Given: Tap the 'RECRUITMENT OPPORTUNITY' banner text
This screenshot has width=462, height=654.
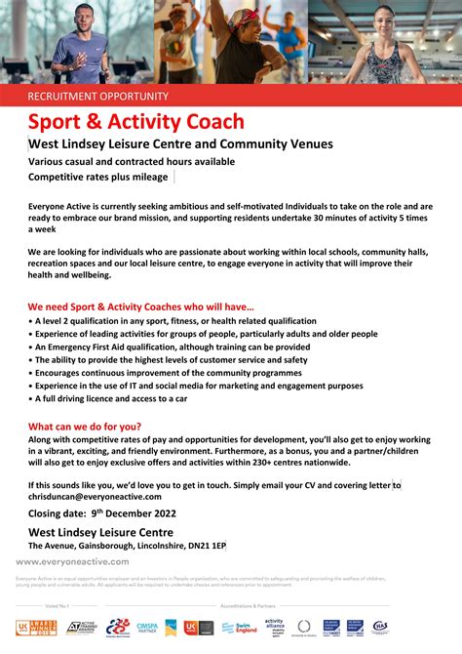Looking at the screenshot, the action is [x=97, y=96].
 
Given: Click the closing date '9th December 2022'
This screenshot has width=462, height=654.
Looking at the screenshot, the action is [x=147, y=511].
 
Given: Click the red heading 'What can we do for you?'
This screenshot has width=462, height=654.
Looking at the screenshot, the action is [x=85, y=427].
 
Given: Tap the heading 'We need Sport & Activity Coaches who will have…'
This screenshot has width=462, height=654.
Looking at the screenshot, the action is [x=141, y=306].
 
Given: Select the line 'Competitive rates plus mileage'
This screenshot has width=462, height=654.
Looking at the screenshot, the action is [x=97, y=177].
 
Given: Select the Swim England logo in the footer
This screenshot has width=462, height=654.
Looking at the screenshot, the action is [x=238, y=627].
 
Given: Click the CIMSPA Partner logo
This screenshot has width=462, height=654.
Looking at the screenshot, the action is [x=146, y=627].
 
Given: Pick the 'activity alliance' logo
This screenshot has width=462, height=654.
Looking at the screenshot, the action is [x=274, y=626].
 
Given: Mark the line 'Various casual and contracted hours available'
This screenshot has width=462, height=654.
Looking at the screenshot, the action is [x=131, y=161].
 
